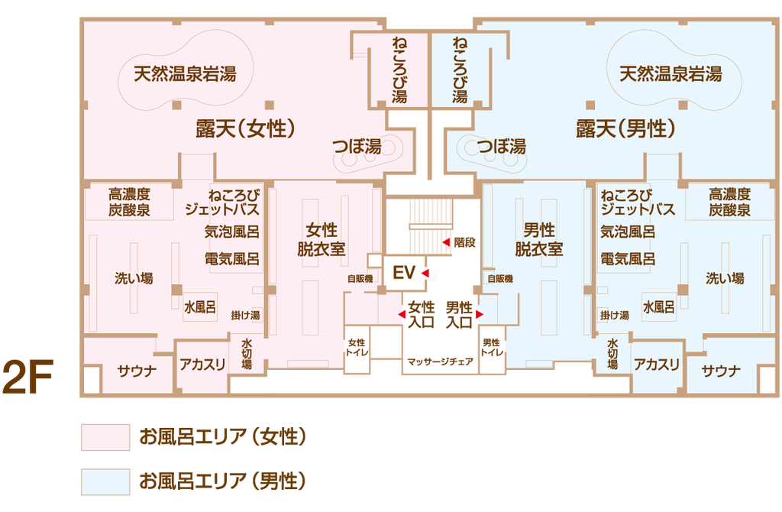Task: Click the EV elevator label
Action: tap(403, 273)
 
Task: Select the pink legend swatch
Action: tap(105, 438)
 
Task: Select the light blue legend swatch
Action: tap(105, 481)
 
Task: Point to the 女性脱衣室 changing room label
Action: tap(321, 238)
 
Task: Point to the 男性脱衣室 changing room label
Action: tap(538, 238)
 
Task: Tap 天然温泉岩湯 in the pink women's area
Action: tap(185, 74)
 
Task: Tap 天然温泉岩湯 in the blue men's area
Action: tap(671, 74)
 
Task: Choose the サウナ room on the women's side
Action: tap(137, 371)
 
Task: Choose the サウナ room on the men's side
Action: tap(721, 371)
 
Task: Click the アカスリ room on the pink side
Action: tap(202, 365)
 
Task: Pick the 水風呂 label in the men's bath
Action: tap(658, 307)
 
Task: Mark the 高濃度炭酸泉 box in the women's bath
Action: tap(128, 202)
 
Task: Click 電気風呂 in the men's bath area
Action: tap(628, 258)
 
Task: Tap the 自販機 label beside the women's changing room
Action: tap(360, 279)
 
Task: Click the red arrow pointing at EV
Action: tap(426, 273)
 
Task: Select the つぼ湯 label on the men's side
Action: tap(502, 146)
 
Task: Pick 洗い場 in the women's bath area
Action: tap(134, 278)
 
